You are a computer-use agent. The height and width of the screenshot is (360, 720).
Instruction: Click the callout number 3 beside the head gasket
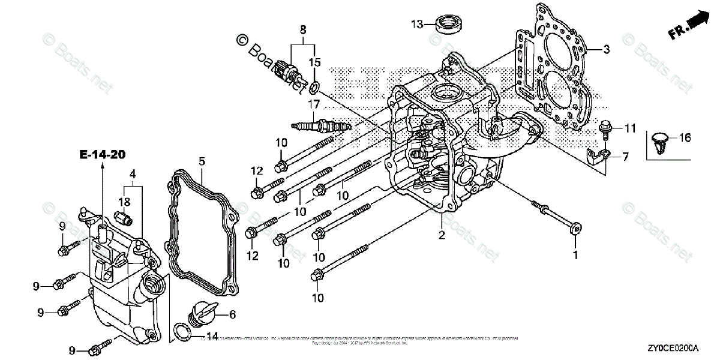tap(607, 49)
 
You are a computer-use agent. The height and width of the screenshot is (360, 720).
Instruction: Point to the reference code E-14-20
tap(102, 155)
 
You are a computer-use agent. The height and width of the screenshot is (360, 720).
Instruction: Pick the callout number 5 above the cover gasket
tap(202, 161)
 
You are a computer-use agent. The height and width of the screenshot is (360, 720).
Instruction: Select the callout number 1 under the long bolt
tap(575, 255)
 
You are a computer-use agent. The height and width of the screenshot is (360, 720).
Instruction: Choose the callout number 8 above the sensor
tap(303, 29)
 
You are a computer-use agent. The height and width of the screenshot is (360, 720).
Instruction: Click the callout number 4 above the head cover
tap(132, 174)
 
